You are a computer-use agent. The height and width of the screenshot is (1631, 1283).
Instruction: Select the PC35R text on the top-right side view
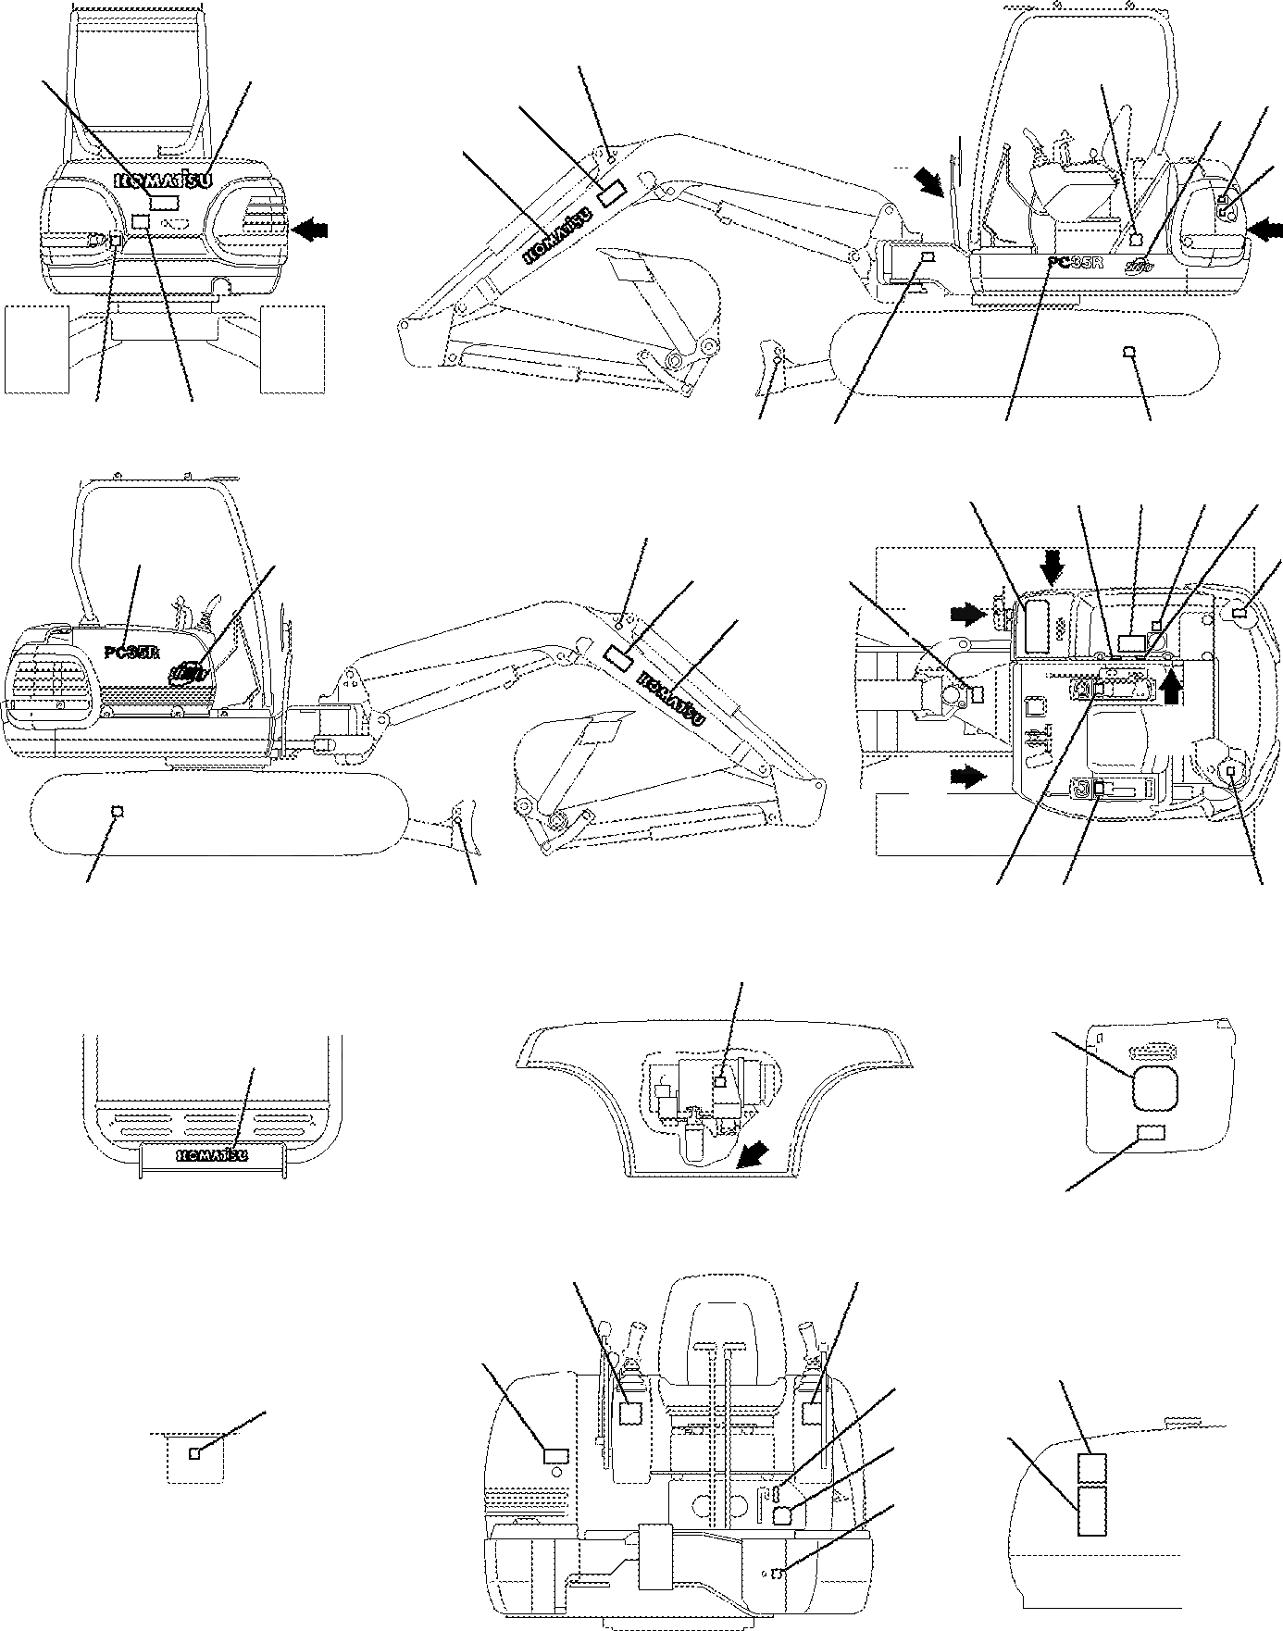coord(1077,262)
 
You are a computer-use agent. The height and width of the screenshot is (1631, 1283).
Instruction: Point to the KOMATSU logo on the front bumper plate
coord(212,1154)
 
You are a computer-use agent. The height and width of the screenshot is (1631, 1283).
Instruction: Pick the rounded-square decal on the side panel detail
coord(1154,1085)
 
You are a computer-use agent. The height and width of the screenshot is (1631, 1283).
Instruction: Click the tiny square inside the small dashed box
coord(193,1453)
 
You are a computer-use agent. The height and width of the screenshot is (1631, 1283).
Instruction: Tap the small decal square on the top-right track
coord(1127,351)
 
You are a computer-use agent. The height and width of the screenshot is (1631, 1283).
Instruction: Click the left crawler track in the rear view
coord(37,348)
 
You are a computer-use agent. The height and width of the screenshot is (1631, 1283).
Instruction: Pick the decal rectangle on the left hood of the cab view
coord(556,1455)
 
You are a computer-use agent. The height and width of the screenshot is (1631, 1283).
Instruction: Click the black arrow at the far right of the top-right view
coord(1265,225)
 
